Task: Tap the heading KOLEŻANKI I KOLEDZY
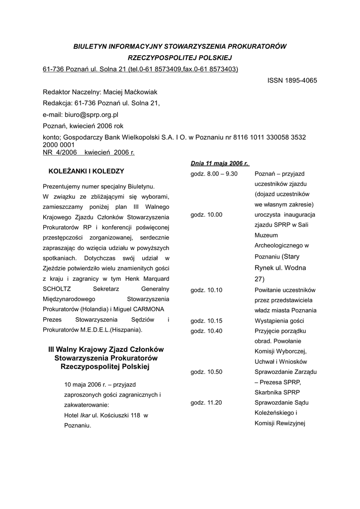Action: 86,171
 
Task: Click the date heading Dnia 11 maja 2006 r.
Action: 219,163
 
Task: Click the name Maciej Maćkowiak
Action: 130,92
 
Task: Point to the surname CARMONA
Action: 152,309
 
